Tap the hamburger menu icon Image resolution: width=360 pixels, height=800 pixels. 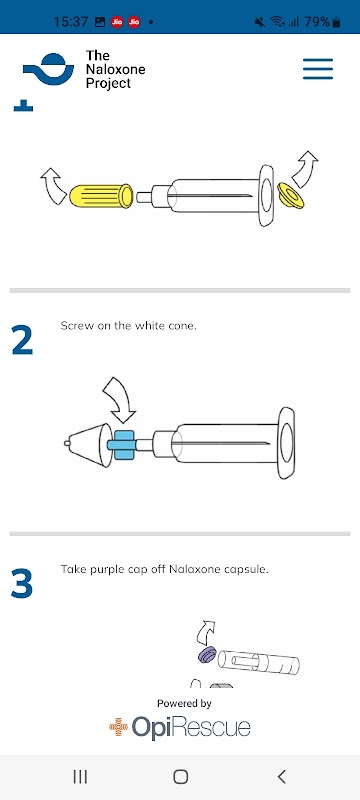[318, 69]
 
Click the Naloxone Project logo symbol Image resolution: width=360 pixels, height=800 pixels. [48, 69]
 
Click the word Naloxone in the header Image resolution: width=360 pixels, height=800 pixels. [115, 69]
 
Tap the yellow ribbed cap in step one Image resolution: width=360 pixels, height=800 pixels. [101, 195]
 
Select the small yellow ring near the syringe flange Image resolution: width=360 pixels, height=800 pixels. [291, 196]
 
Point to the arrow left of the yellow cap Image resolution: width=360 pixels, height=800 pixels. [53, 186]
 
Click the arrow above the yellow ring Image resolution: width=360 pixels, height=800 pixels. [305, 168]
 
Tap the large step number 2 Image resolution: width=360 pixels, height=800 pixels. [22, 340]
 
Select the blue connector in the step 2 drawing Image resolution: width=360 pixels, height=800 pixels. [122, 445]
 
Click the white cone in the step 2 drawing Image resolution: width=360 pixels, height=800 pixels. [89, 444]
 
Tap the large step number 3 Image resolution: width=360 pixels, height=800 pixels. [22, 583]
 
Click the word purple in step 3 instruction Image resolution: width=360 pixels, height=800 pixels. [102, 569]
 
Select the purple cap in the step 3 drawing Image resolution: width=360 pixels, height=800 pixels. [207, 655]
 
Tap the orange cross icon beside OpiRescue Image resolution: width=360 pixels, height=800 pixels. [118, 727]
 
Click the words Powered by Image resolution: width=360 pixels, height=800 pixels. [184, 704]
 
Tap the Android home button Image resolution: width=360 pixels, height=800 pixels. [181, 777]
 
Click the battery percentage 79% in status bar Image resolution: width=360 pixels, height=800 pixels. [317, 22]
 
